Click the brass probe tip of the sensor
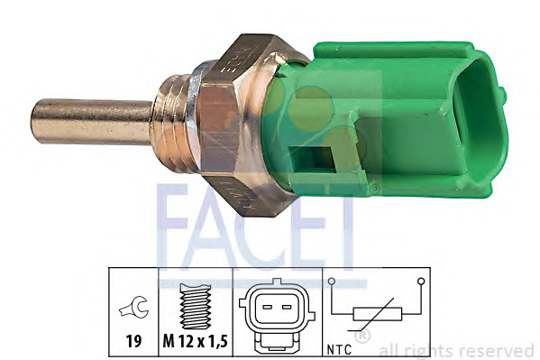[91, 121]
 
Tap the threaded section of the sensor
[173, 124]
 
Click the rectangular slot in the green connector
[312, 160]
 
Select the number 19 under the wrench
[133, 341]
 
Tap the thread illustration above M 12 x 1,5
[196, 306]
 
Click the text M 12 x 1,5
[196, 341]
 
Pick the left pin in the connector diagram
[267, 307]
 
